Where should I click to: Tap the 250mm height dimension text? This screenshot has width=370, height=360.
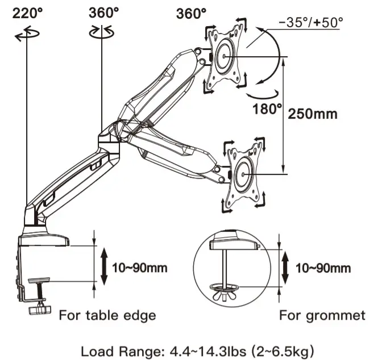coord(312,114)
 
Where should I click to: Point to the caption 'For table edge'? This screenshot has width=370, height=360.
coord(107,315)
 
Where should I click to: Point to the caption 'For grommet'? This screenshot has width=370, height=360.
coord(322,315)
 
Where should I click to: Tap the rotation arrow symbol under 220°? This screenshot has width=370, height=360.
coord(27,35)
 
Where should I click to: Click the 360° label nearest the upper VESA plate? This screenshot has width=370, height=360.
coord(192,13)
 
